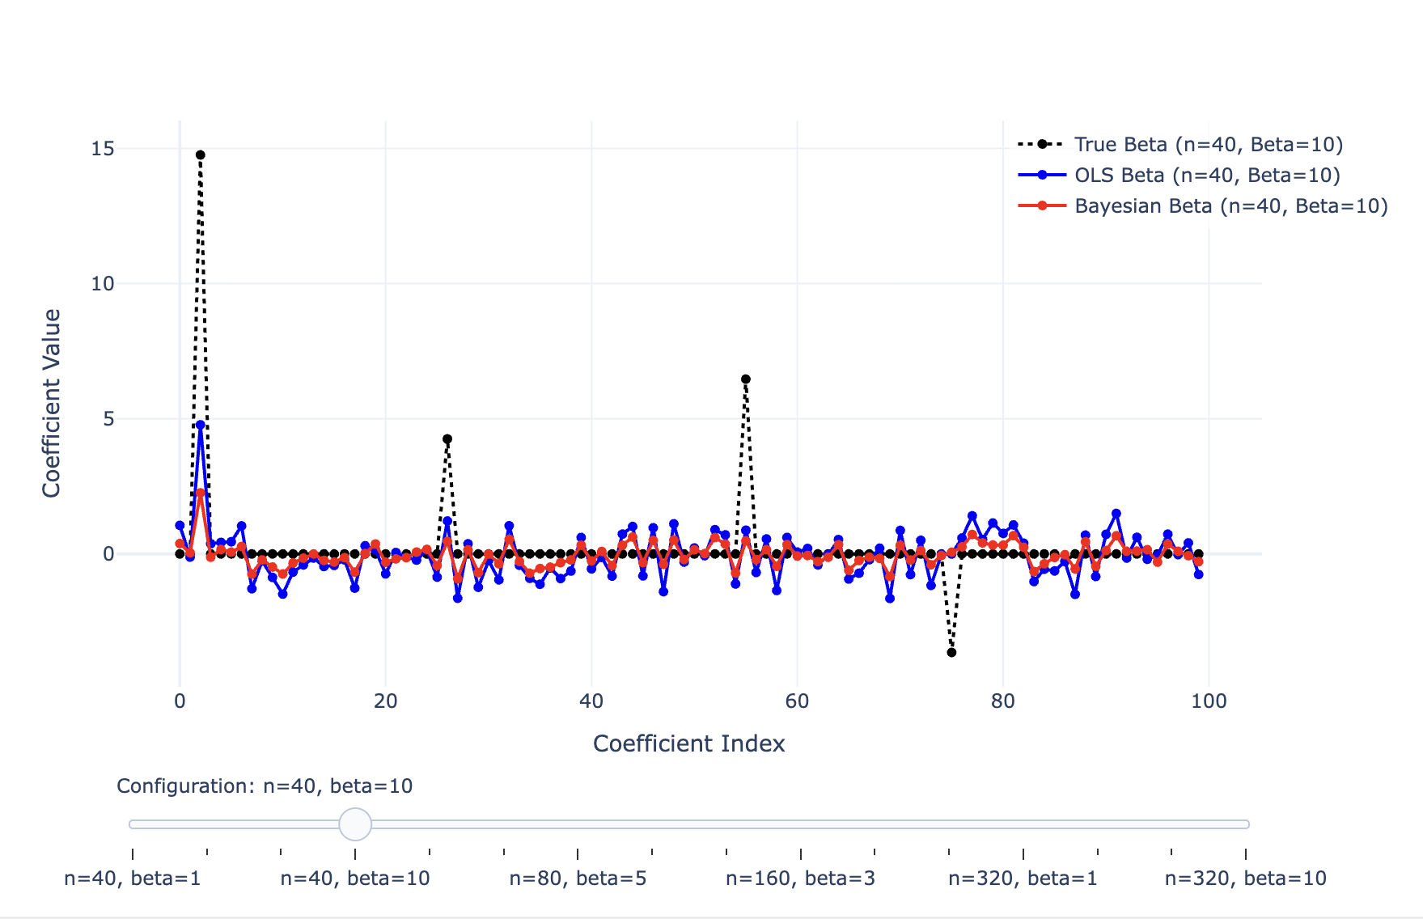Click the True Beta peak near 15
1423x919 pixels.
[x=200, y=155]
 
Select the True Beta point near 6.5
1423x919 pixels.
[x=746, y=379]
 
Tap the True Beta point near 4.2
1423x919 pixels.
[x=447, y=439]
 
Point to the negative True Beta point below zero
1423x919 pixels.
[x=951, y=652]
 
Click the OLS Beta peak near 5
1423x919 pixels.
[x=201, y=425]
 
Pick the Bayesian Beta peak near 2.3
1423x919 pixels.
[x=201, y=493]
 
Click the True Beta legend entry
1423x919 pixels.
[x=1208, y=145]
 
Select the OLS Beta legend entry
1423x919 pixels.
[x=1206, y=176]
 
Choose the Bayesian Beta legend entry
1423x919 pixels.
[x=1230, y=206]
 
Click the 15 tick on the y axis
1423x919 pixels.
[x=103, y=149]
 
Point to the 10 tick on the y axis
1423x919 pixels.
[x=103, y=284]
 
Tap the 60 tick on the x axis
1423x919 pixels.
[x=797, y=701]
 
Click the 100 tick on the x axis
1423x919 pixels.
[x=1209, y=701]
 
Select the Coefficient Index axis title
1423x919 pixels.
[x=688, y=744]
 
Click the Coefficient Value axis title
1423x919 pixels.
[x=52, y=403]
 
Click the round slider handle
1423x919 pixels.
[x=355, y=824]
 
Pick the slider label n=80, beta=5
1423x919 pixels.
[x=578, y=879]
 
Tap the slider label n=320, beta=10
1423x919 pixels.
[x=1245, y=879]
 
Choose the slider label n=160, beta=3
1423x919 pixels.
[x=800, y=879]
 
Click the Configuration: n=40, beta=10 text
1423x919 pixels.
[x=265, y=786]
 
